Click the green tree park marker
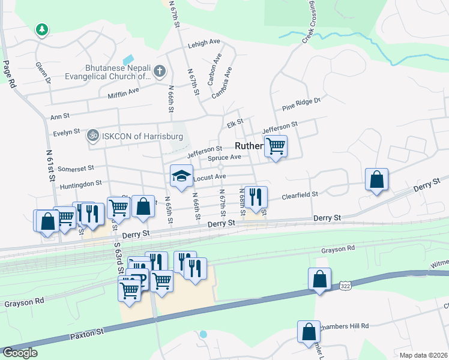click(x=41, y=29)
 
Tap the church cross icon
click(x=159, y=71)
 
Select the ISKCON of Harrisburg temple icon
click(x=92, y=136)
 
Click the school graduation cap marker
click(x=181, y=175)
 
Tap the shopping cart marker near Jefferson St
click(x=276, y=146)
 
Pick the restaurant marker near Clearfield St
click(x=256, y=197)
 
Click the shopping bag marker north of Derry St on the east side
click(x=376, y=179)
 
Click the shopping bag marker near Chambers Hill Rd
click(x=309, y=331)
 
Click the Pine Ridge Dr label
click(x=302, y=105)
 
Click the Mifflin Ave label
click(x=123, y=92)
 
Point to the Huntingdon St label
click(x=81, y=182)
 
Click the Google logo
click(x=20, y=353)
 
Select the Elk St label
click(x=235, y=123)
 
